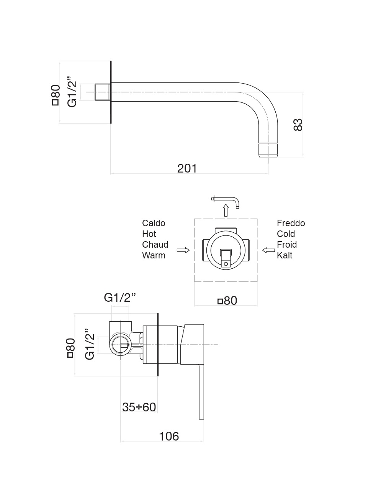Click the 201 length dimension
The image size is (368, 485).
point(187,168)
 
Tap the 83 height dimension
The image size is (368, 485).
point(298,124)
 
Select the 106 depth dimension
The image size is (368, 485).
point(169,436)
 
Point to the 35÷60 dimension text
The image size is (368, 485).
point(139,407)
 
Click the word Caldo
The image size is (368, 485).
point(154,223)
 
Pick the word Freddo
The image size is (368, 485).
point(291,223)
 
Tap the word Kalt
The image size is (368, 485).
point(285,255)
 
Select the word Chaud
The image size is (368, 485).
point(155,245)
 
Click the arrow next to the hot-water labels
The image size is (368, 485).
point(183,250)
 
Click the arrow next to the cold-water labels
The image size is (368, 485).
point(269,250)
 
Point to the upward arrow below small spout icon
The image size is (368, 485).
point(226,210)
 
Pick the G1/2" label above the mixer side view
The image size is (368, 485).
point(120,298)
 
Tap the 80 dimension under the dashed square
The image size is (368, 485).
point(228,301)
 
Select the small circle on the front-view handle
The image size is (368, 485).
point(226,263)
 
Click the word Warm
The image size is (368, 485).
point(154,255)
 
